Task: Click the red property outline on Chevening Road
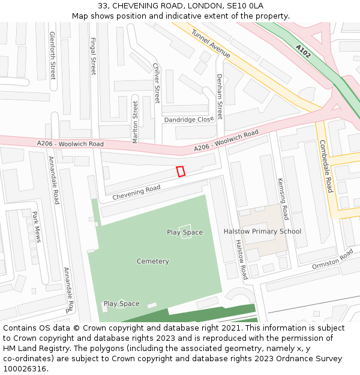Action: pyautogui.click(x=181, y=172)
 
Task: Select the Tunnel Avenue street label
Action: pyautogui.click(x=211, y=43)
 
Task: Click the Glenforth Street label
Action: pyautogui.click(x=53, y=55)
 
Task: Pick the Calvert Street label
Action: pyautogui.click(x=157, y=83)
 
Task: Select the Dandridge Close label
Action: pyautogui.click(x=188, y=120)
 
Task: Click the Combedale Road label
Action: pyautogui.click(x=326, y=166)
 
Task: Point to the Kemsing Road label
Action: pyautogui.click(x=283, y=199)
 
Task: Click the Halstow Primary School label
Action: pyautogui.click(x=262, y=231)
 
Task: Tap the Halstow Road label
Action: pyautogui.click(x=241, y=259)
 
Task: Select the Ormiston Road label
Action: pyautogui.click(x=332, y=260)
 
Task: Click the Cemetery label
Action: pyautogui.click(x=152, y=262)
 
